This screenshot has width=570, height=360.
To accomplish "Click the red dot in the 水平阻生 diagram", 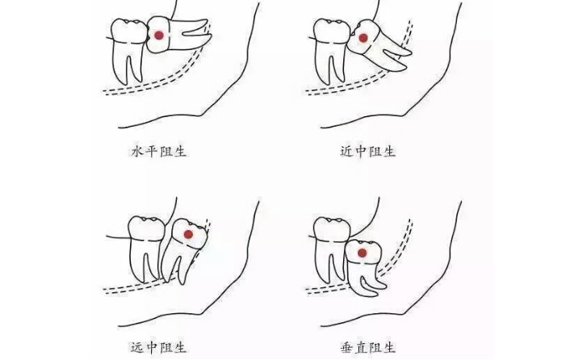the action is point(159,36).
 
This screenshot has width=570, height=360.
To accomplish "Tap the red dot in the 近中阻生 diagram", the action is point(363,38).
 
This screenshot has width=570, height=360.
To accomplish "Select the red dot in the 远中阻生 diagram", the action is point(188,235).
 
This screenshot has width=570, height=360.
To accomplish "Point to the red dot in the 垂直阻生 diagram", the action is point(362,253).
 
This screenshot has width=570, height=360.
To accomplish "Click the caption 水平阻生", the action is point(159,151).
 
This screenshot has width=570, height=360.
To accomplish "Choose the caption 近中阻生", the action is point(367,151).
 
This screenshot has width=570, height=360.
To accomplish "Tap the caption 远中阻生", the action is point(158,348).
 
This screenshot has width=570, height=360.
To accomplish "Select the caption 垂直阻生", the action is point(367,348).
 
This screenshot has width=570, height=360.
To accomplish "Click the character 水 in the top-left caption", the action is point(137,151).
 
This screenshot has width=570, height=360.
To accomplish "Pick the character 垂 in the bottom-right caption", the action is point(347,348).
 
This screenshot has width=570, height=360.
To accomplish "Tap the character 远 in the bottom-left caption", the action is point(137,348).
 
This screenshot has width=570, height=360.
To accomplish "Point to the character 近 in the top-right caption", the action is point(347,151).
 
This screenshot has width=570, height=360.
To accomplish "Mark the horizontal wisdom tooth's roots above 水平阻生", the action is point(190,34).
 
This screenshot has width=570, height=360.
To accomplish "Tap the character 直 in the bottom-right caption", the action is point(361,348).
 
